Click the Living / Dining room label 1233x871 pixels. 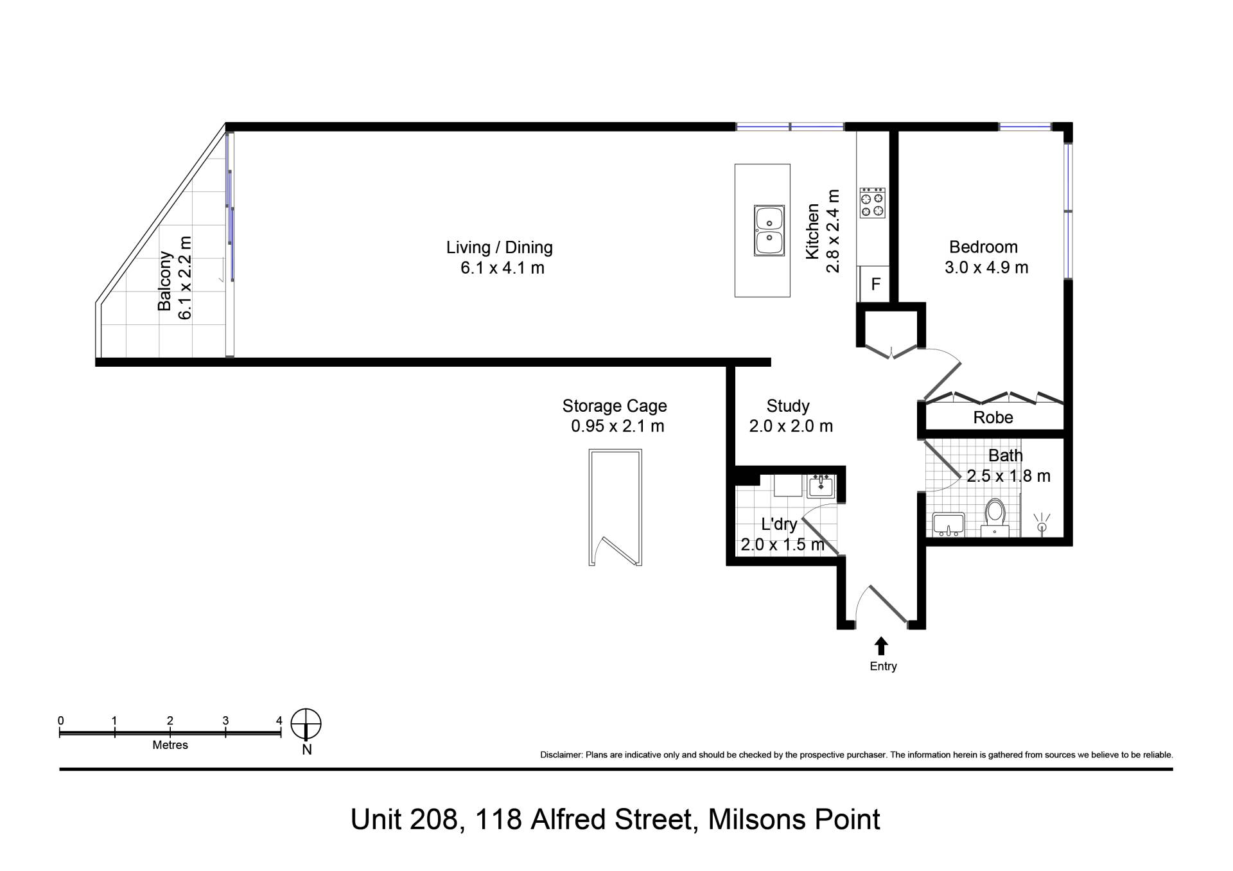point(499,247)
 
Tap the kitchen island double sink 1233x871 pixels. point(769,231)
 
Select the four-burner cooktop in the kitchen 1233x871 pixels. point(873,203)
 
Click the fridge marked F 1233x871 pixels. point(875,284)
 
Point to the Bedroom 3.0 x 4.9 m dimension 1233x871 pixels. point(986,267)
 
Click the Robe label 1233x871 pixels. point(993,418)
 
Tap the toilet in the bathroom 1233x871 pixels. point(995,517)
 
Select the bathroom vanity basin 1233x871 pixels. point(948,524)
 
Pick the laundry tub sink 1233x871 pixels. point(821,486)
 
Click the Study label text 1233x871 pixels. point(788,406)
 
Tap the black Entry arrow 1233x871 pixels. point(881,646)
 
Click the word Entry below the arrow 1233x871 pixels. point(883,666)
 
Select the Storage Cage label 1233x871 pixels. point(615,406)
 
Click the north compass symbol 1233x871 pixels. point(306,725)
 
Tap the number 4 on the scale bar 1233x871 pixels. point(279,721)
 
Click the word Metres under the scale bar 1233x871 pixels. point(170,745)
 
